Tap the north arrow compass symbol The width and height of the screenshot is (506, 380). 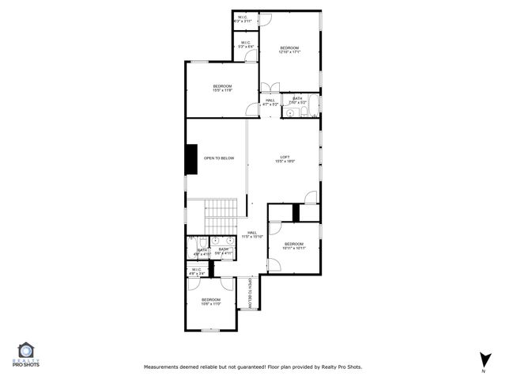(483, 360)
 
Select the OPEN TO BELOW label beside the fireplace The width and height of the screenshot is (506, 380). (219, 158)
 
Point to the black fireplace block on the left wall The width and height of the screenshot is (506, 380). (191, 158)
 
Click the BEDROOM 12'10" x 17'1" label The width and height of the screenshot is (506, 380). (290, 51)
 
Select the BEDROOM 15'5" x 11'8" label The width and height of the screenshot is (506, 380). (222, 88)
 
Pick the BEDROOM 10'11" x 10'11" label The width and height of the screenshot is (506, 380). (293, 245)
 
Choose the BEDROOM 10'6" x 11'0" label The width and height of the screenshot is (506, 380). (210, 301)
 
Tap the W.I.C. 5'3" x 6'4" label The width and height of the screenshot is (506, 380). (246, 45)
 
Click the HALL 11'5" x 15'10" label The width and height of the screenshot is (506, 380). (251, 234)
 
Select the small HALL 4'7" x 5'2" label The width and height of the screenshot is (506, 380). (270, 102)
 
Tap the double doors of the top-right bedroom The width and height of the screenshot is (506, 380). (270, 86)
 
